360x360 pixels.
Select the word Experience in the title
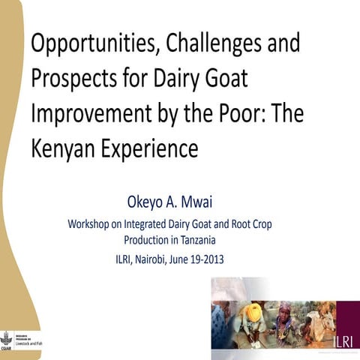click(x=147, y=148)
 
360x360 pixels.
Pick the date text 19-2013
click(x=203, y=260)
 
